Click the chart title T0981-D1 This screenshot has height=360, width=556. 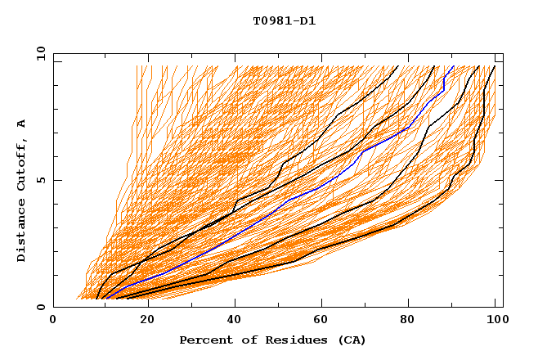pos(285,21)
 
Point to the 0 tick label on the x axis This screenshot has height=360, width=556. pos(54,321)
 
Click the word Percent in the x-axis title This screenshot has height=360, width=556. pos(204,340)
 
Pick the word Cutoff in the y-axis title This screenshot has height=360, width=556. pos(22,164)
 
